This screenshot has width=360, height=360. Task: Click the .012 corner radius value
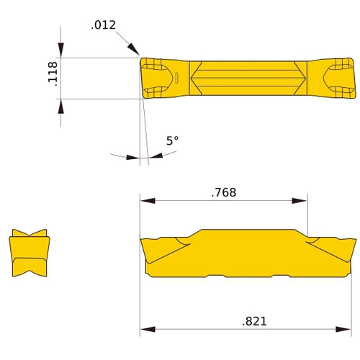[x=104, y=25]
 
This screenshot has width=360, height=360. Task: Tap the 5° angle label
[x=171, y=141]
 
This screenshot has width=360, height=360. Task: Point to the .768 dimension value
[x=223, y=192]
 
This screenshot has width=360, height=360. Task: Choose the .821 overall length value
[x=253, y=321]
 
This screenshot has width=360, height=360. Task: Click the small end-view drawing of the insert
[x=30, y=253]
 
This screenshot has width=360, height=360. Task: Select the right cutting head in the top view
[x=332, y=78]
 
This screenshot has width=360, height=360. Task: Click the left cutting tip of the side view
[x=143, y=242]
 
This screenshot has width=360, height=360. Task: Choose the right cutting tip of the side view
[x=354, y=240]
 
